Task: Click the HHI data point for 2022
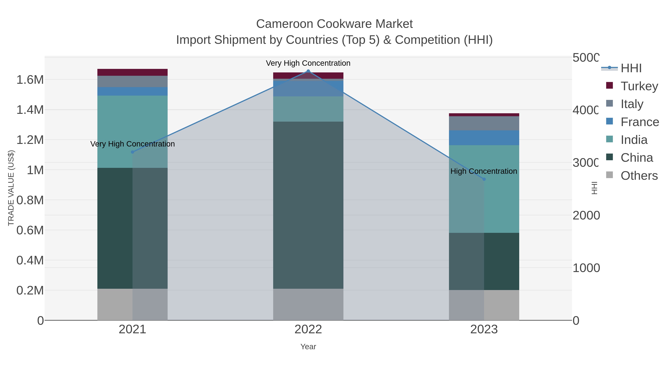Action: (x=308, y=71)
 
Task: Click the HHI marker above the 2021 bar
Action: (x=132, y=152)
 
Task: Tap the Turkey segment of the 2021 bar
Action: (x=132, y=72)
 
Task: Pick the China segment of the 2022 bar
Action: (x=308, y=205)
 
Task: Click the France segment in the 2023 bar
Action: (x=484, y=138)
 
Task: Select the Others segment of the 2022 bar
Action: (x=308, y=304)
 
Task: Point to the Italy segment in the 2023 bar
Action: (x=484, y=123)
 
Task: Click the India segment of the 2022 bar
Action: (x=308, y=109)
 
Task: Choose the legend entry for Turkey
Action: (x=639, y=86)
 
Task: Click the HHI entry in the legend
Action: (x=631, y=68)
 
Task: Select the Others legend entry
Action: (x=639, y=176)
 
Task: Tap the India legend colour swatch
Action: (x=609, y=139)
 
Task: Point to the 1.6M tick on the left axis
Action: (x=30, y=80)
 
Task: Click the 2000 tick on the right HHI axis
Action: (x=586, y=215)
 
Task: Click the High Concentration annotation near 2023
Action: (x=484, y=171)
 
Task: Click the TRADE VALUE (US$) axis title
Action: (x=11, y=188)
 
